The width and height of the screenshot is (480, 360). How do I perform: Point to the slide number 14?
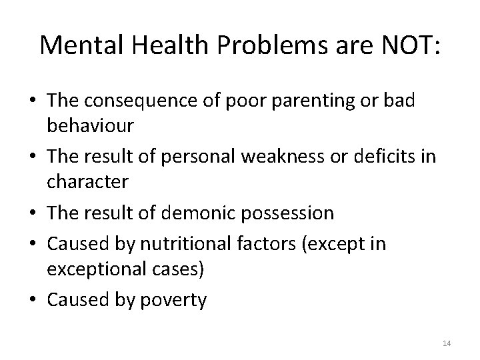point(447,343)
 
